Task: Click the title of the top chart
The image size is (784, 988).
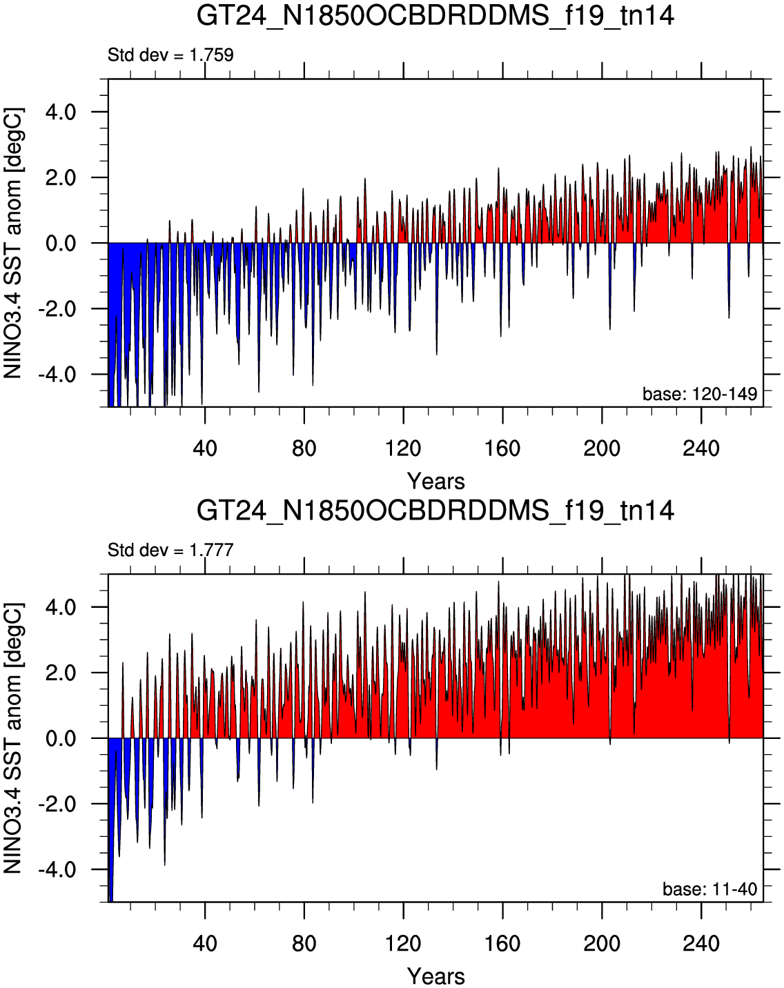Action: click(435, 17)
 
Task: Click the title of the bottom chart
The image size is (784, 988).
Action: click(435, 511)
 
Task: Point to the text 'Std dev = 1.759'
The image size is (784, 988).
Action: click(170, 55)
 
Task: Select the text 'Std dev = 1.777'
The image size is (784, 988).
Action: click(170, 550)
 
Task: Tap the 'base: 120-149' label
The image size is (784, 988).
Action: click(700, 393)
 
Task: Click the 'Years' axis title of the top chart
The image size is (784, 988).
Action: click(436, 482)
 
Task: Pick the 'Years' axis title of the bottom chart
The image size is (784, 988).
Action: click(436, 976)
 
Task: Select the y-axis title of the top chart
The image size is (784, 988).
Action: click(13, 244)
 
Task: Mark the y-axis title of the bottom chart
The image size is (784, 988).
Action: click(13, 738)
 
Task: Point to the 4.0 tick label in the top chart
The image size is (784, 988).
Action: click(61, 112)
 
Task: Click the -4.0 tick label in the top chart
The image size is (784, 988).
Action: click(57, 375)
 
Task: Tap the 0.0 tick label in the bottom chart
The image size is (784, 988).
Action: click(61, 739)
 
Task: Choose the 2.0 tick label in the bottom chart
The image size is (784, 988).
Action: click(61, 673)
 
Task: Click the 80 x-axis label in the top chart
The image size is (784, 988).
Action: click(304, 448)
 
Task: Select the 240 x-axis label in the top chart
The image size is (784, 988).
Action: click(701, 448)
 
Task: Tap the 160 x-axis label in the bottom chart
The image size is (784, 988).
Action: click(503, 942)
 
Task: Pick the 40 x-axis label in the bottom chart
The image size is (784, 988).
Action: click(205, 942)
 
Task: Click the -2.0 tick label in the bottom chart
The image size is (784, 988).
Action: click(57, 804)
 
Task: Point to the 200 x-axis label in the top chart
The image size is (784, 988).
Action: click(602, 448)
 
